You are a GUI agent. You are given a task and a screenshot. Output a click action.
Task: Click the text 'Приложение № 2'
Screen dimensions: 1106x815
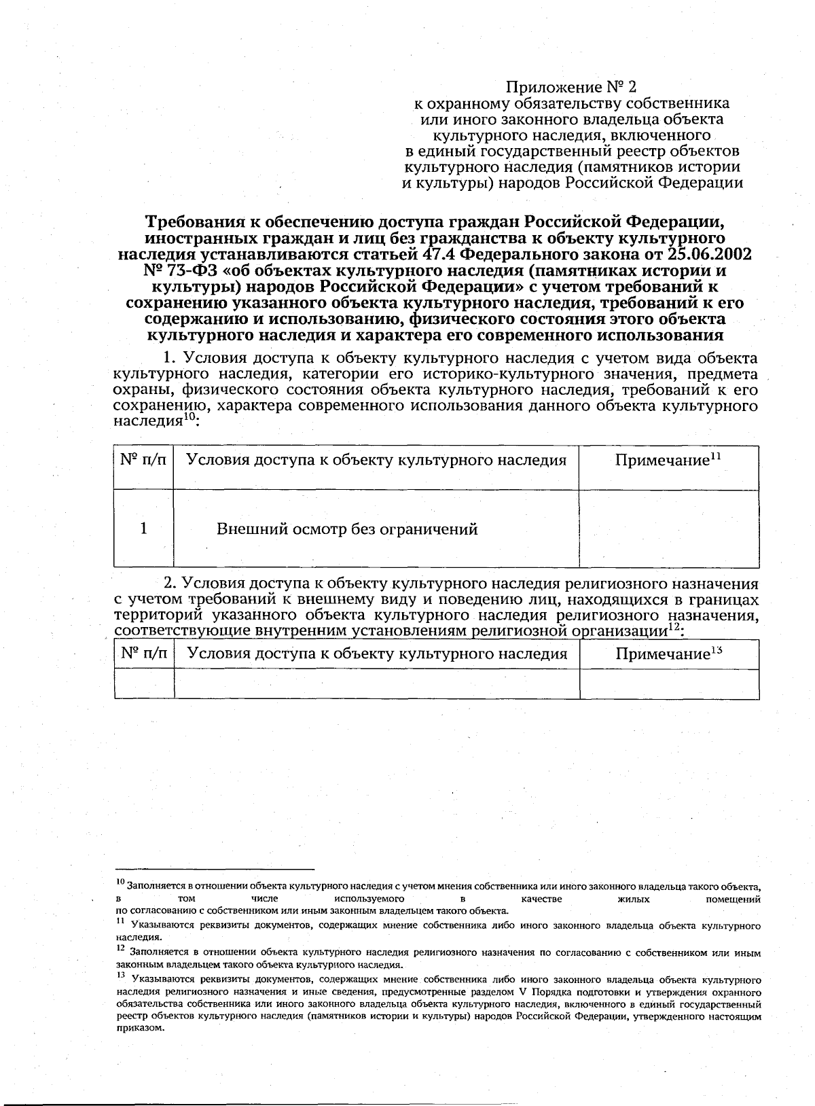(x=571, y=88)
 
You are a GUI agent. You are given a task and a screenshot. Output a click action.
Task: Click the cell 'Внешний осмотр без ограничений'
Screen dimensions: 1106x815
(x=346, y=529)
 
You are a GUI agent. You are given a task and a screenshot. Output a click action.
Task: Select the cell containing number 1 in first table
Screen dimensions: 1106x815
(x=143, y=529)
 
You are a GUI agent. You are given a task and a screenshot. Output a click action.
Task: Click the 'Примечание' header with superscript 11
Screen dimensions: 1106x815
(x=668, y=461)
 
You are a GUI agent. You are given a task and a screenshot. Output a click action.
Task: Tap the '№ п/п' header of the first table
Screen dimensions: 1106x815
(x=143, y=461)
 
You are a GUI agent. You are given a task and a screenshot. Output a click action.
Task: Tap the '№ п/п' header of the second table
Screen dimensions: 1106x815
(x=143, y=654)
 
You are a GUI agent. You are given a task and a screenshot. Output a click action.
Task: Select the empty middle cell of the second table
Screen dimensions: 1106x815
(x=376, y=684)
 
